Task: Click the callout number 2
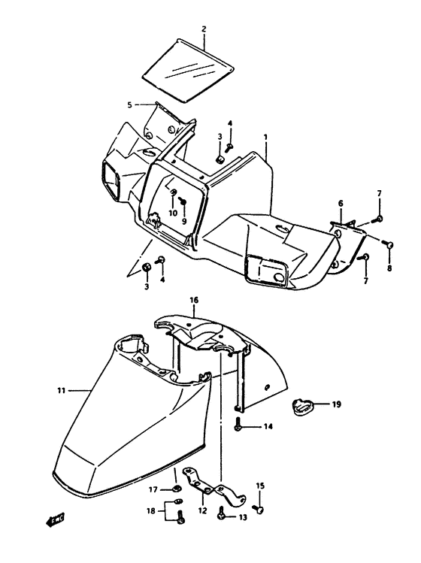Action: (x=204, y=29)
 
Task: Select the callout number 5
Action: (x=129, y=104)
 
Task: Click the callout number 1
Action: (x=265, y=138)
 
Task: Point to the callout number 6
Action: (x=340, y=203)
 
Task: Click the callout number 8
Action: (x=389, y=268)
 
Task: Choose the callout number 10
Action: (x=172, y=213)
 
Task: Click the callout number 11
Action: (x=62, y=390)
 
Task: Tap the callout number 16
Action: (x=194, y=300)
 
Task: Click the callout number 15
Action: (x=261, y=486)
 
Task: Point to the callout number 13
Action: (x=243, y=517)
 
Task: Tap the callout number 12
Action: (x=201, y=510)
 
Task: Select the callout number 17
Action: (x=153, y=490)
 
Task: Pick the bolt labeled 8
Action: (x=388, y=244)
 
